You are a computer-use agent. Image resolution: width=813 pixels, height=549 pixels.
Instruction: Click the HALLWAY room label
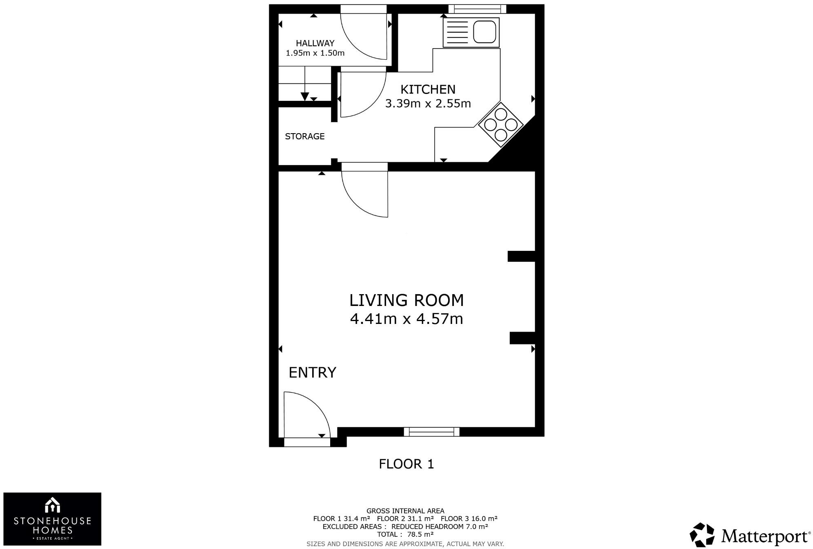coord(315,43)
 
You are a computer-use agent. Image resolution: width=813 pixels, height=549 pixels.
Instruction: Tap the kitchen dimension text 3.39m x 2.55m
coord(428,103)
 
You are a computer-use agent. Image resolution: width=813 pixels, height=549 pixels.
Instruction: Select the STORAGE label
coord(304,136)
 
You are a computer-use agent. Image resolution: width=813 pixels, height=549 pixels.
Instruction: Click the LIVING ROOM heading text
coord(406,300)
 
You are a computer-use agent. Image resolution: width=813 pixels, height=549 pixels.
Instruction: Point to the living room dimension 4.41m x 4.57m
coord(406,319)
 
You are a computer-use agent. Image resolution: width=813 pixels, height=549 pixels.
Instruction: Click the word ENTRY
coord(312,373)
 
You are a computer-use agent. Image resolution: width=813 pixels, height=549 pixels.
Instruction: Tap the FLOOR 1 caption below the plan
coord(406,464)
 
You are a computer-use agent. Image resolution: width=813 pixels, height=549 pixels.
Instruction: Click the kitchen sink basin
coord(484,32)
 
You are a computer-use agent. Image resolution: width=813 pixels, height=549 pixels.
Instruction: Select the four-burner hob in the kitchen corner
coord(501,124)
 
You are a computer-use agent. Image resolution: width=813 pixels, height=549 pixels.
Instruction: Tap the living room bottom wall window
coord(431,432)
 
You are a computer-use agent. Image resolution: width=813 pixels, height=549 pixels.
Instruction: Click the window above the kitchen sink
coord(477,9)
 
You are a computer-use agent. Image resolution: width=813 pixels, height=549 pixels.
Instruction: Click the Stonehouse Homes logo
coord(52,519)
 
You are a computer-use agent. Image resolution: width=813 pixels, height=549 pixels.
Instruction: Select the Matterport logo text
coord(765,536)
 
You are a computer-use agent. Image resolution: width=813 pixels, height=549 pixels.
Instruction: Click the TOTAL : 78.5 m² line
coord(405,534)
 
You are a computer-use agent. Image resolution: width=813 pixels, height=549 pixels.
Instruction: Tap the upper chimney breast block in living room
coord(521,256)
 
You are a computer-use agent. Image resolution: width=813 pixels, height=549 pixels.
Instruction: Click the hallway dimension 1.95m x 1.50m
coord(315,53)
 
